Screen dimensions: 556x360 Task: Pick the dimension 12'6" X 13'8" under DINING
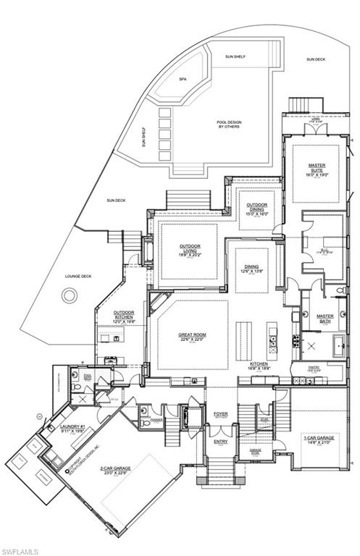tap(251, 271)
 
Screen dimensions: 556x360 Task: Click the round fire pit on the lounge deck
tap(70, 295)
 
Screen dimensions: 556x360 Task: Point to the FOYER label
tap(220, 414)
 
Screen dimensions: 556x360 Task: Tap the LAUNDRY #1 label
tap(72, 427)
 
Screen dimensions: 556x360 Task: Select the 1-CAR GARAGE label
tap(319, 437)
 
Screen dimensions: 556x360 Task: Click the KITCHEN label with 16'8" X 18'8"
tap(260, 365)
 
